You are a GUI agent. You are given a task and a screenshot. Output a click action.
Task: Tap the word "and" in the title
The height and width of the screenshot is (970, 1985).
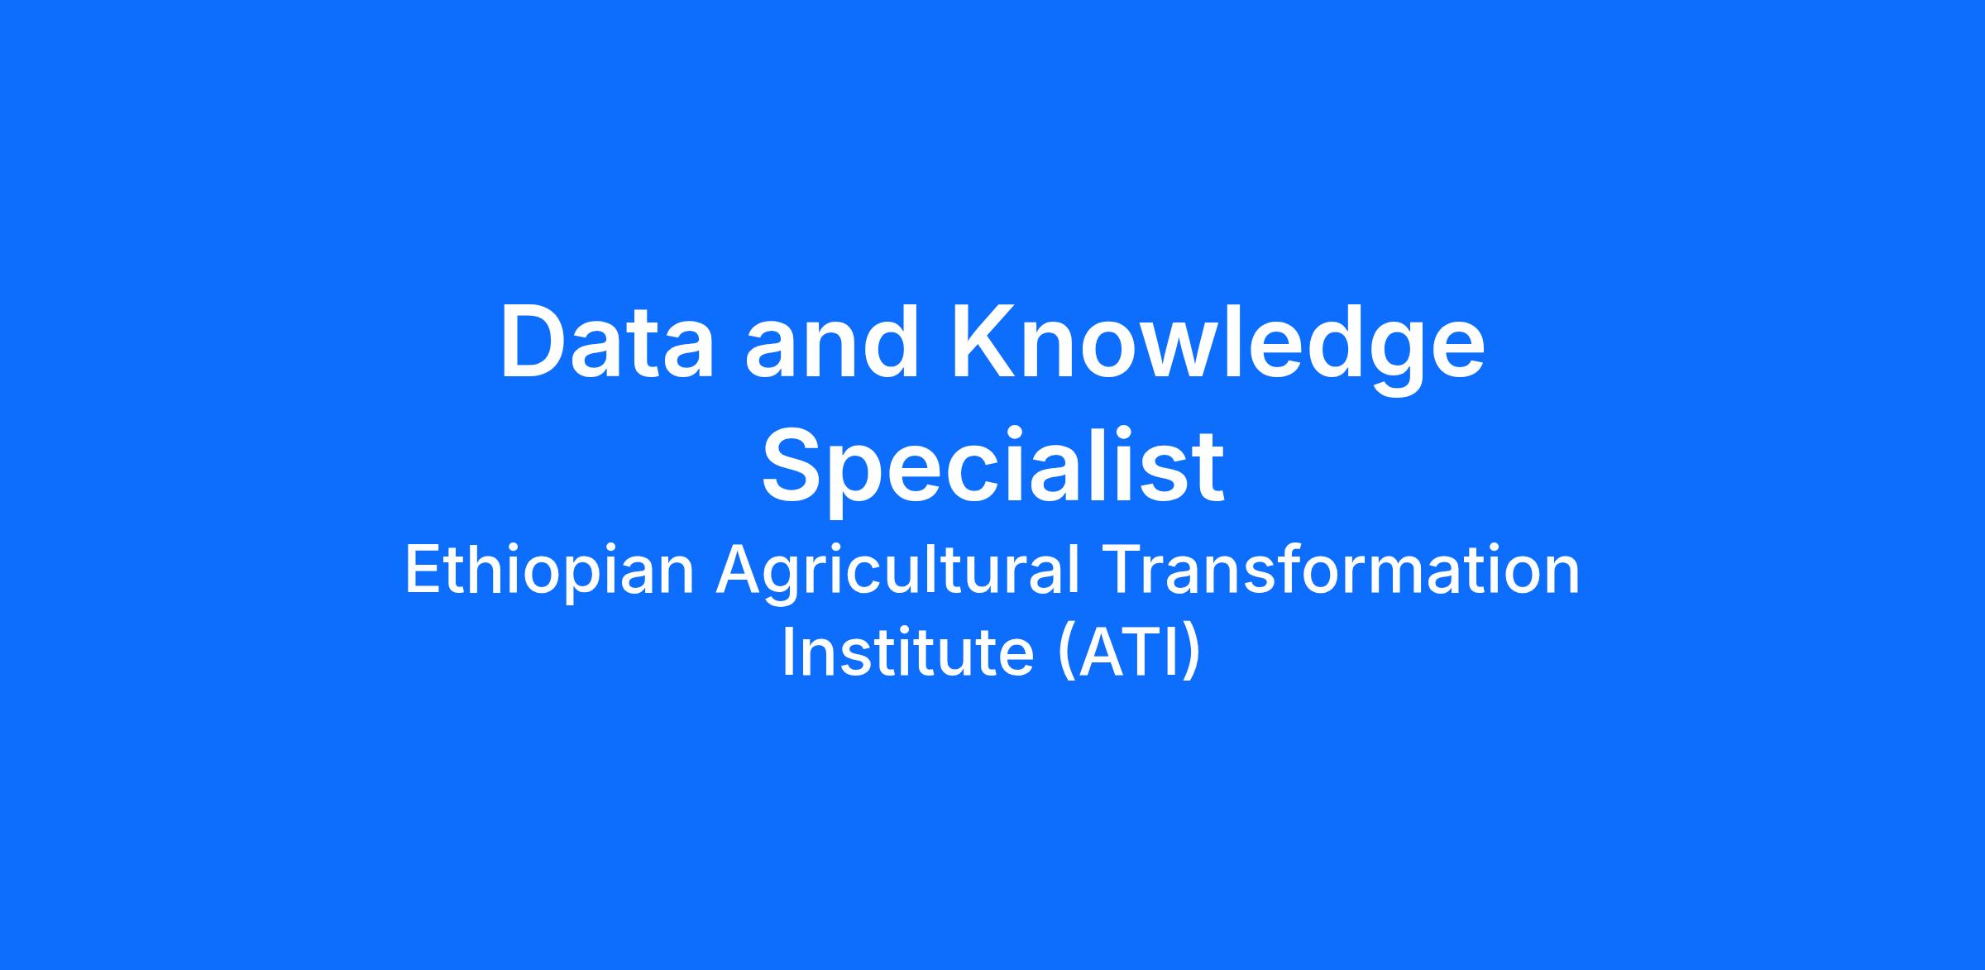tap(831, 342)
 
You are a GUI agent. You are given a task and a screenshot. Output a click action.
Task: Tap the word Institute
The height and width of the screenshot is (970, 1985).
tap(907, 651)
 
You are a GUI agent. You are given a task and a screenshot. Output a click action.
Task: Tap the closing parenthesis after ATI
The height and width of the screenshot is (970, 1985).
tap(1192, 654)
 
